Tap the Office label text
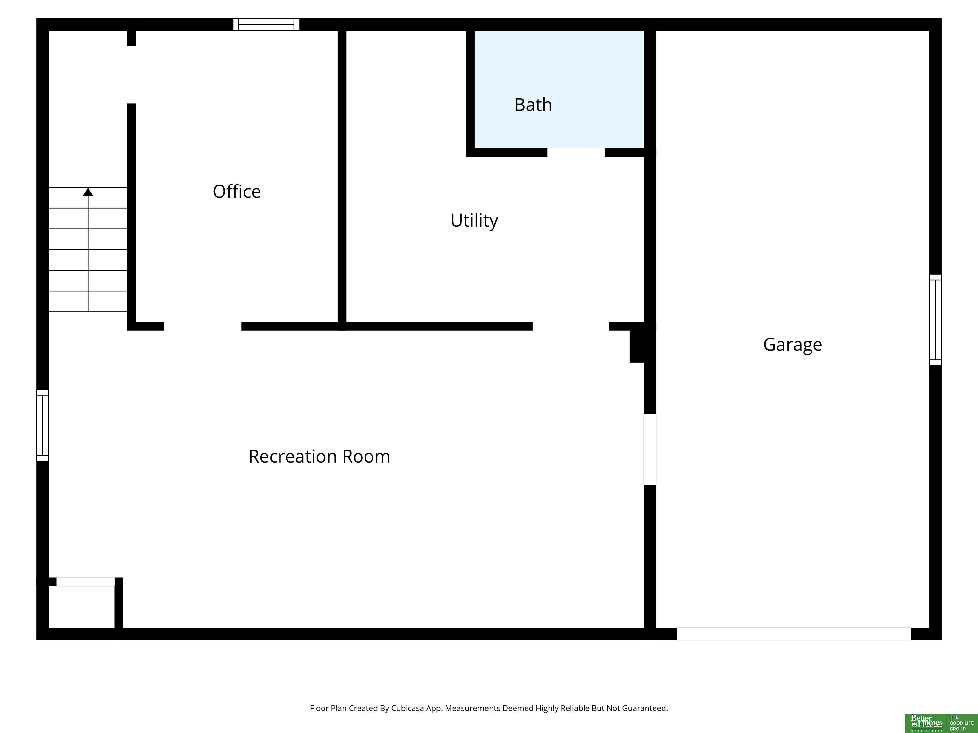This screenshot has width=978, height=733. (237, 191)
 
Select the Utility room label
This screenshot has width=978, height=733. (474, 220)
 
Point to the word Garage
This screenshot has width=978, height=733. (792, 345)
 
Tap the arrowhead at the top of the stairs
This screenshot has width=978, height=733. (88, 192)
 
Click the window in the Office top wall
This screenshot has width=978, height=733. (266, 24)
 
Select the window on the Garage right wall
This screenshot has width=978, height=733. (935, 320)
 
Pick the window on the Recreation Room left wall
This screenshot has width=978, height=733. (42, 425)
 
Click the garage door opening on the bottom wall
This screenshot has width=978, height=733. (794, 634)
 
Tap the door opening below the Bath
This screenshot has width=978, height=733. (576, 152)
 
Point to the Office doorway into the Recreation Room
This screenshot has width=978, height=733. (202, 326)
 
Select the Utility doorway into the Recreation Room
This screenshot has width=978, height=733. (571, 326)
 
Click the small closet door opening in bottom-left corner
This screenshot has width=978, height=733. (85, 582)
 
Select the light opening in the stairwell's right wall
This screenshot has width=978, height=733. (131, 75)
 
